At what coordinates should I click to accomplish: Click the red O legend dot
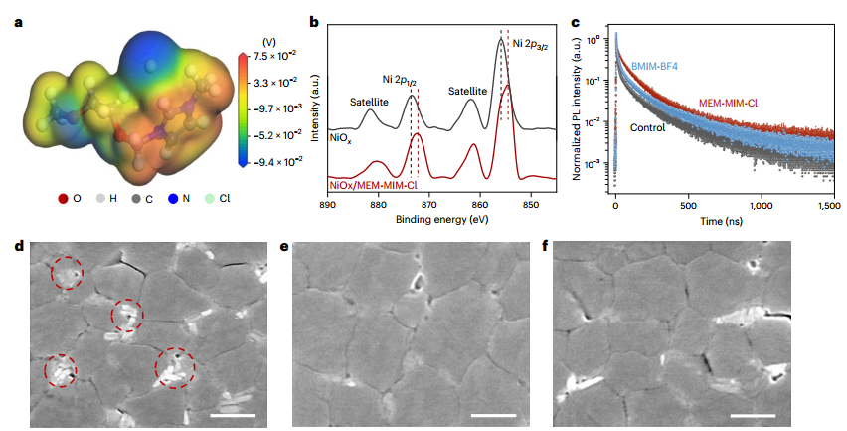pos(64,198)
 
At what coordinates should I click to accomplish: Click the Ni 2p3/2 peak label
pos(535,43)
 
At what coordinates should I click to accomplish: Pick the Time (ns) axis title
pos(725,221)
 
